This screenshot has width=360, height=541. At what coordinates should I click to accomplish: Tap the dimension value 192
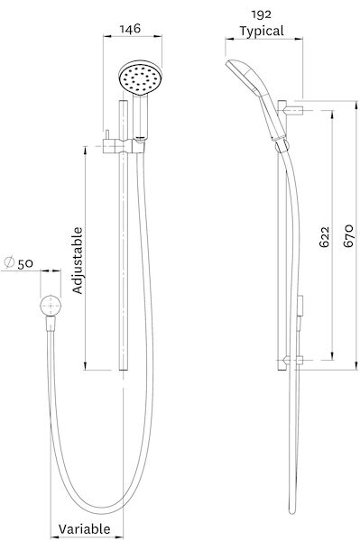(263, 14)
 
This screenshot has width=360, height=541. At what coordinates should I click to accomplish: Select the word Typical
(263, 31)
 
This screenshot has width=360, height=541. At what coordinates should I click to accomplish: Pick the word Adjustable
(78, 260)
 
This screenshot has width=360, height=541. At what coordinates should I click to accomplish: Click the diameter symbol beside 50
(8, 262)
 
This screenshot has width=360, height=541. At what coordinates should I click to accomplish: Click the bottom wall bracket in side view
(286, 361)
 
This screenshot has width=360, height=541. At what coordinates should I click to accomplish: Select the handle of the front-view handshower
(141, 117)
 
